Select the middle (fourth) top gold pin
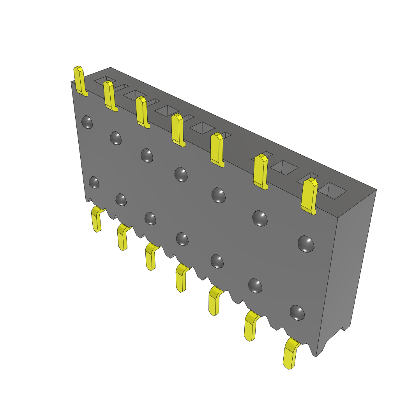pos(178,130)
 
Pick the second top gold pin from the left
pos(109,95)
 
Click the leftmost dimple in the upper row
pos(87,122)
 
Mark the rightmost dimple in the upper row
pos(306,244)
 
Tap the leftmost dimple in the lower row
pos(94,182)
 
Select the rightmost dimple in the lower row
pos(297,312)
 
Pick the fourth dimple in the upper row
pos(181,174)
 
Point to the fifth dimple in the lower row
pos(217,261)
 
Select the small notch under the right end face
pos(344,328)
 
